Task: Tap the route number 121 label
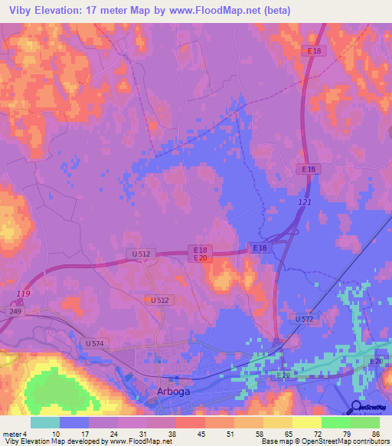305,200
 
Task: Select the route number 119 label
24,294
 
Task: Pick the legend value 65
289,434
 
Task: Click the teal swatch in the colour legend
45,422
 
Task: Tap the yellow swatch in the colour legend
306,422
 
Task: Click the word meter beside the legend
11,434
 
